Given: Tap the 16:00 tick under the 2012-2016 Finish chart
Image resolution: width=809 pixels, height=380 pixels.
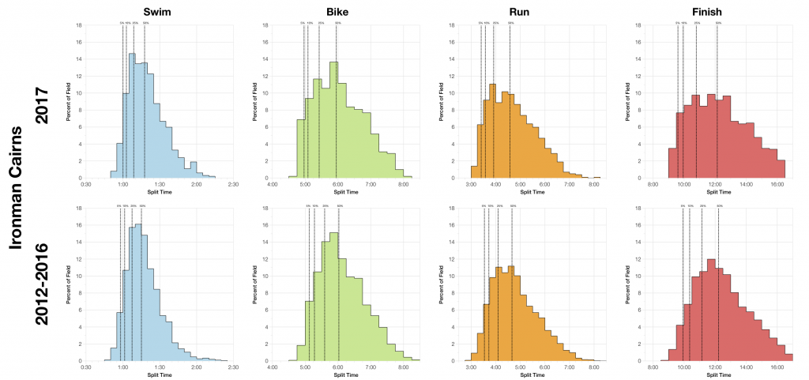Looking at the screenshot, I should click(777, 367).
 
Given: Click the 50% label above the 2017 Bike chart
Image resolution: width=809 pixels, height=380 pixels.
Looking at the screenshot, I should click(338, 23).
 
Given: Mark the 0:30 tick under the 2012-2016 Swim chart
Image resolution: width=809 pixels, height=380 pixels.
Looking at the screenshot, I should click(87, 367).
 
